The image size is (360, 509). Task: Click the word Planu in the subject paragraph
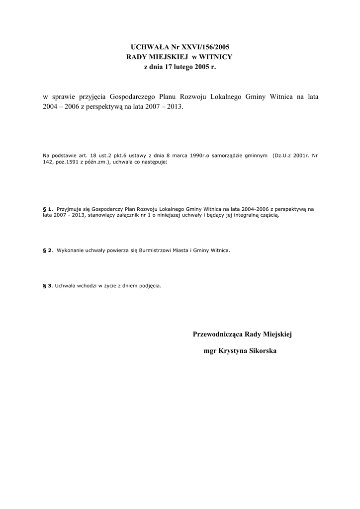(x=170, y=97)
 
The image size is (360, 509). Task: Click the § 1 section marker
(x=48, y=210)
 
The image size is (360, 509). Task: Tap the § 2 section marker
(x=48, y=251)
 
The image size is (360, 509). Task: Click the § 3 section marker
(x=48, y=286)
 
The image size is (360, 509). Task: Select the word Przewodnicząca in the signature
(x=218, y=335)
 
